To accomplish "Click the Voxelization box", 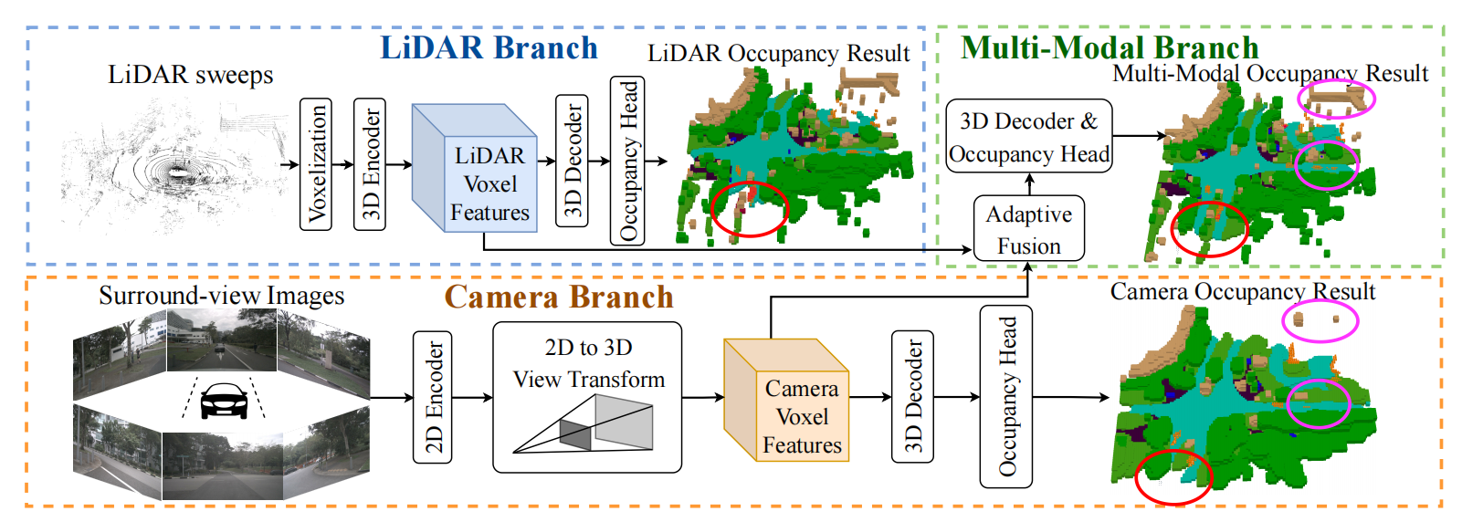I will point(316,163).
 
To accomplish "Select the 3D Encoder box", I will point(370,163).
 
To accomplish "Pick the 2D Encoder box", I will point(433,397).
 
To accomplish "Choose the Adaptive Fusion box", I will point(1029,229).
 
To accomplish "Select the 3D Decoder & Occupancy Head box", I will point(1029,137).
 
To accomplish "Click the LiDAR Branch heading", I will point(489,47).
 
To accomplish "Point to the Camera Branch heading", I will point(559,297).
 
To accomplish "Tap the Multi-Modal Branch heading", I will point(1110,47).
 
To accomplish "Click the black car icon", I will point(224,401).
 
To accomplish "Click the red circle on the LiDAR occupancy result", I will point(749,209).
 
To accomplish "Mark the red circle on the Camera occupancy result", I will point(1173,477).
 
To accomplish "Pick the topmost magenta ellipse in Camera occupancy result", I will point(1320,319).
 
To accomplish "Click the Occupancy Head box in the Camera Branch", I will point(1005,396).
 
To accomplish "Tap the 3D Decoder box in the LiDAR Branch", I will point(572,160).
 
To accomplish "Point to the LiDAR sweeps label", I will point(191,75).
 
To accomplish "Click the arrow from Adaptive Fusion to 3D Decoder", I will point(1029,184).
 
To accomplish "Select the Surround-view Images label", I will point(222,296).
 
